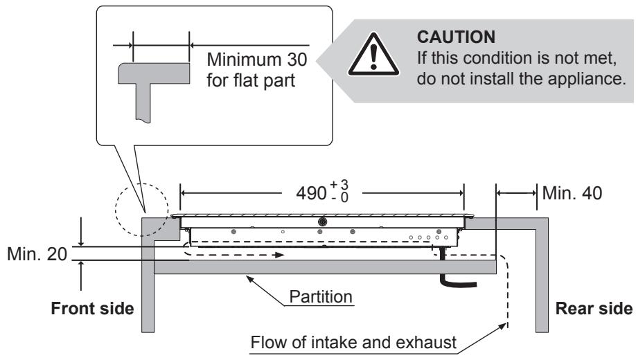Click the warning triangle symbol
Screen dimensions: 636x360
373,54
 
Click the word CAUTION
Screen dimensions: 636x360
456,37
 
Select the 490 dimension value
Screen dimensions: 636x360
311,193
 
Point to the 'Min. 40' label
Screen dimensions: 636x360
572,193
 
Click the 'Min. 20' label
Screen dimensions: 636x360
37,254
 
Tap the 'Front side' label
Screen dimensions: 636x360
92,309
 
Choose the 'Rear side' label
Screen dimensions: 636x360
594,309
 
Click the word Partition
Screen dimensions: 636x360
321,297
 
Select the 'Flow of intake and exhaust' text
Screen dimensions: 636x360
353,343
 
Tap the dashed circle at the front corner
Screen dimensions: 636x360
141,210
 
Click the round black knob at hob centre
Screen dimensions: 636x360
323,222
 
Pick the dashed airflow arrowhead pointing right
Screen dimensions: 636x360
279,255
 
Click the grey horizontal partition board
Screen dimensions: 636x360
325,267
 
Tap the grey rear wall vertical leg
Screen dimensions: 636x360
542,280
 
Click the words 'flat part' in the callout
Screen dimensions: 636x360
250,80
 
